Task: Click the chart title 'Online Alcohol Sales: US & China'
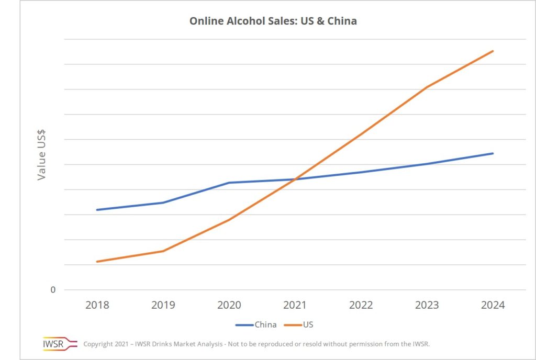click(x=273, y=21)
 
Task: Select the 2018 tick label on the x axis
click(x=97, y=305)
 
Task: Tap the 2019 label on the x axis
click(x=163, y=305)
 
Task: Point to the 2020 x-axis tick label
click(x=229, y=305)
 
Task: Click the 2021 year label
click(x=295, y=305)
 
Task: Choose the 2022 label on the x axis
click(x=361, y=305)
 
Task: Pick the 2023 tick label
click(x=427, y=305)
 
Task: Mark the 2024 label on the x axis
click(x=493, y=305)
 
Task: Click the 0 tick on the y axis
click(x=53, y=290)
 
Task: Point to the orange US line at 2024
click(x=493, y=51)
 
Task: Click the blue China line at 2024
click(x=493, y=153)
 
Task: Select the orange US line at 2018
click(x=97, y=262)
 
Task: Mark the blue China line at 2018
click(x=97, y=210)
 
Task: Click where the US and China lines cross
click(x=294, y=179)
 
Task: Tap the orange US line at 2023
click(x=427, y=87)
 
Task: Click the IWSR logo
click(x=53, y=344)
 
